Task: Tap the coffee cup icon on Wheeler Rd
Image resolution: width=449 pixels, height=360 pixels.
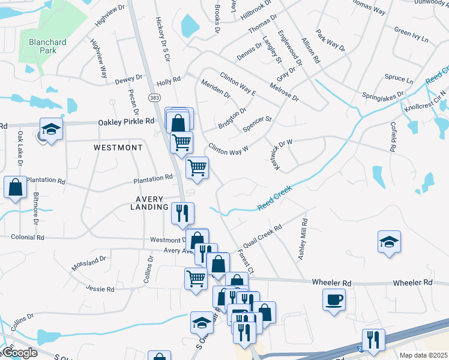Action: [334, 299]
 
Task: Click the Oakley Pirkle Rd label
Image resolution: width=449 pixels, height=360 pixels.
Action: [126, 122]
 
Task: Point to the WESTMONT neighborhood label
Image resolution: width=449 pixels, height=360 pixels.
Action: [118, 147]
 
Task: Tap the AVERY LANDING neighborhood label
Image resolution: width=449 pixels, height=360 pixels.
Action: [149, 202]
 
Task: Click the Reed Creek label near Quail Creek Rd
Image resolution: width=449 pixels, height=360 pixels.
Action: [274, 198]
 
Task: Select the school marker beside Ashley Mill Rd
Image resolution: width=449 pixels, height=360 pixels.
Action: [389, 242]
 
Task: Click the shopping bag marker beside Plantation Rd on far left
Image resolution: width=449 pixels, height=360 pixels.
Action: [15, 187]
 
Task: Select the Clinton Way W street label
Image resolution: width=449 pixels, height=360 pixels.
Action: [228, 149]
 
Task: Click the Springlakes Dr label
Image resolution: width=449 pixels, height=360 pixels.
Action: [384, 95]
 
